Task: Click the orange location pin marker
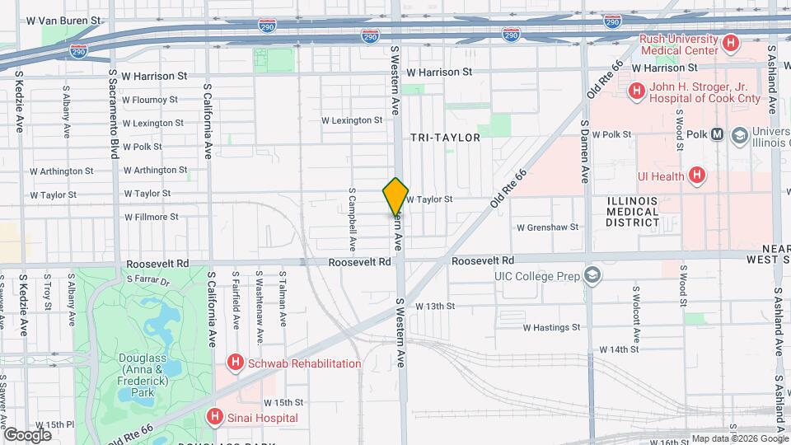[x=395, y=197]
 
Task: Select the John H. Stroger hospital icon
[x=636, y=91]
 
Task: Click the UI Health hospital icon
[x=697, y=175]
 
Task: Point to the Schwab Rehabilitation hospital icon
[x=236, y=363]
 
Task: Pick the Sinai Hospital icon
[x=216, y=418]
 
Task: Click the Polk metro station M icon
[x=717, y=134]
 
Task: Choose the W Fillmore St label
[x=151, y=218]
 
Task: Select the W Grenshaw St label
[x=547, y=227]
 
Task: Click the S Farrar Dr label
[x=147, y=280]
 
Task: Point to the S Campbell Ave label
[x=352, y=222]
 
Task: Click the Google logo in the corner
[x=27, y=434]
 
